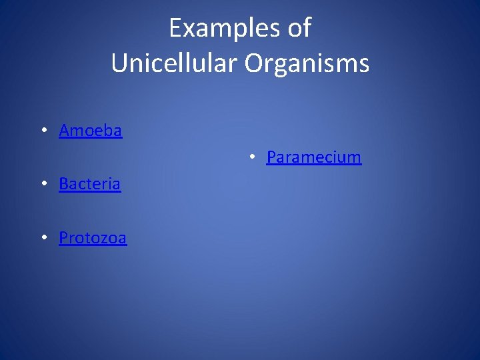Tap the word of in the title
point(300,28)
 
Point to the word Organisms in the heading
point(307,63)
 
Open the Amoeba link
point(91,131)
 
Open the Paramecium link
point(314,157)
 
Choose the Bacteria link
point(90,184)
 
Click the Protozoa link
point(93,238)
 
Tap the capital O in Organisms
point(254,63)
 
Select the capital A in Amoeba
point(65,131)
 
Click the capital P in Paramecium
point(271,157)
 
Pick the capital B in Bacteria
point(64,184)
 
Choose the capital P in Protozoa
point(64,238)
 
